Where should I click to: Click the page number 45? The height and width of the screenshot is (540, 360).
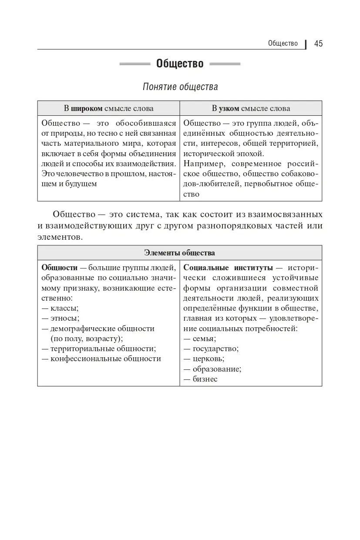(x=318, y=44)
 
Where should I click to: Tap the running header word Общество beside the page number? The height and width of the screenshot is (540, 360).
(x=283, y=44)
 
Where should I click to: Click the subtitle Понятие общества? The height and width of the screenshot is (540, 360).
(x=180, y=87)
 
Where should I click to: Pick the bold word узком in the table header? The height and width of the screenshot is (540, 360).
(x=229, y=108)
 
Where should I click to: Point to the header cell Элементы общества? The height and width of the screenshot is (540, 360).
(x=179, y=253)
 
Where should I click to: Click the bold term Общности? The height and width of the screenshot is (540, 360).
(x=59, y=268)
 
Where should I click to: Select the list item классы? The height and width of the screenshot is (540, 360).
(x=64, y=308)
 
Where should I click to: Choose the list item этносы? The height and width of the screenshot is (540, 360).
(x=65, y=318)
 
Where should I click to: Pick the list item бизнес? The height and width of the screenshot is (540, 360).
(x=205, y=379)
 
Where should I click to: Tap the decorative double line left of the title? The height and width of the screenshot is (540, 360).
(x=135, y=64)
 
